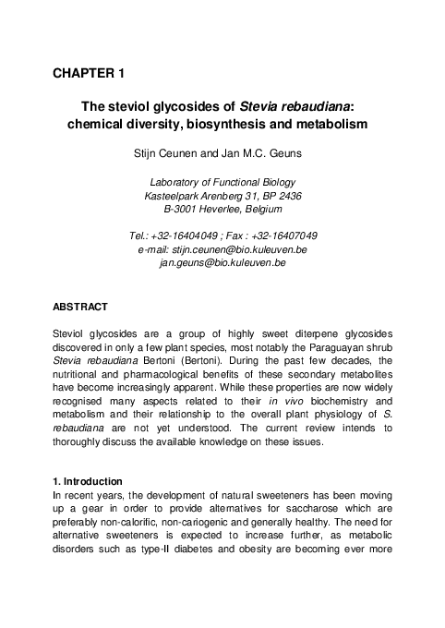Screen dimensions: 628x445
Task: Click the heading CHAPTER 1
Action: (90, 72)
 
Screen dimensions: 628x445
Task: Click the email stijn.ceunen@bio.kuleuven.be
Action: (235, 249)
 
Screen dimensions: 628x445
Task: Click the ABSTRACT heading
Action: (81, 307)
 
